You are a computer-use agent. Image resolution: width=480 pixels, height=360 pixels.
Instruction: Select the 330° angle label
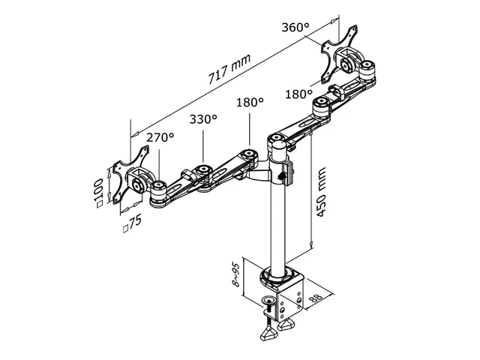pyautogui.click(x=203, y=119)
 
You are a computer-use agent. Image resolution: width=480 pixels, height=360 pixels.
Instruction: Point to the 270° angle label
pyautogui.click(x=160, y=138)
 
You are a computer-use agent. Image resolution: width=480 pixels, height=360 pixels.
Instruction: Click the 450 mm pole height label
pyautogui.click(x=322, y=198)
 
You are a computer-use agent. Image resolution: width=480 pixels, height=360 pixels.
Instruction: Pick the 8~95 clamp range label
pyautogui.click(x=236, y=276)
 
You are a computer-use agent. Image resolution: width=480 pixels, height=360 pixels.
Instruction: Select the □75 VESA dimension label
pyautogui.click(x=132, y=223)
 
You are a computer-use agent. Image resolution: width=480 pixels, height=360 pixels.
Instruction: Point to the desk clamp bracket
pyautogui.click(x=283, y=295)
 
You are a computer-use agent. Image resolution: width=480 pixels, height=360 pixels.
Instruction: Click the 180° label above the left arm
pyautogui.click(x=250, y=102)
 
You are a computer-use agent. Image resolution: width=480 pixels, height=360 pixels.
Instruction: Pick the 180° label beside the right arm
pyautogui.click(x=299, y=94)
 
